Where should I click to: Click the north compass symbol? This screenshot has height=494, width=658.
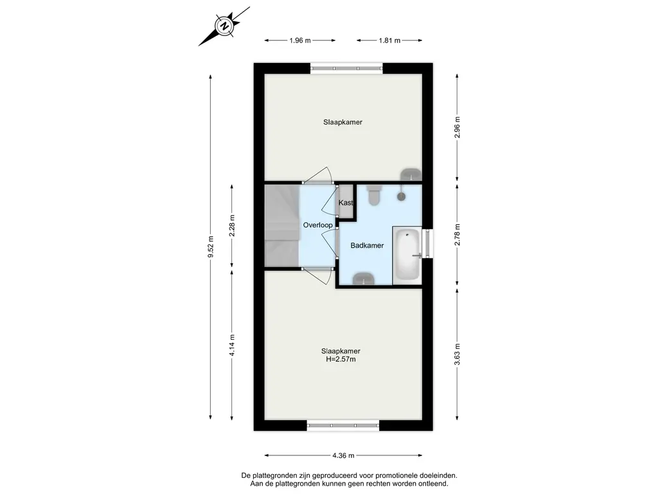point(224,26)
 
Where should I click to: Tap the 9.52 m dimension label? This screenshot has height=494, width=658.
point(211,247)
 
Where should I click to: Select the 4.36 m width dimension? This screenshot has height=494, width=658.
point(343,455)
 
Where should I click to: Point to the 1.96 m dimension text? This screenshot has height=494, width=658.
point(299,41)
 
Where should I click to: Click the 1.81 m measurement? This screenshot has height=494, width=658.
point(389,41)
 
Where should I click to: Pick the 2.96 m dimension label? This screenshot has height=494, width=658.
point(458,127)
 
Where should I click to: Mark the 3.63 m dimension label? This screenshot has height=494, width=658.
point(458,354)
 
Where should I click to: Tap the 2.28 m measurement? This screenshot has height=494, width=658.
point(232,226)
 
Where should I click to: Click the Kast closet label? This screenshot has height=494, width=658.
point(346,203)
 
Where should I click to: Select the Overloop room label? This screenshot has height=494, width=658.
point(317,225)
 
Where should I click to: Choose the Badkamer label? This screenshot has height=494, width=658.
point(367,245)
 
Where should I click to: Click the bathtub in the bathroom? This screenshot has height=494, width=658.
point(407,255)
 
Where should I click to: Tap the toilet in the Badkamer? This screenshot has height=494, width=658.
point(374,196)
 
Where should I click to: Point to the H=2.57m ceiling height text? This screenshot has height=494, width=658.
point(341,359)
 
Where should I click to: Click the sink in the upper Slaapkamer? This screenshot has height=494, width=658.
point(411,174)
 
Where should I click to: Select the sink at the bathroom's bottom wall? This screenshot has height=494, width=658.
point(363,279)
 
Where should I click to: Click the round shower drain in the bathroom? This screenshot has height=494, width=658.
point(402,196)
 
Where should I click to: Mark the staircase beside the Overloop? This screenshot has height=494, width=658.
point(281,226)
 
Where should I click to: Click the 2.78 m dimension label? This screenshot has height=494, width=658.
point(458,235)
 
